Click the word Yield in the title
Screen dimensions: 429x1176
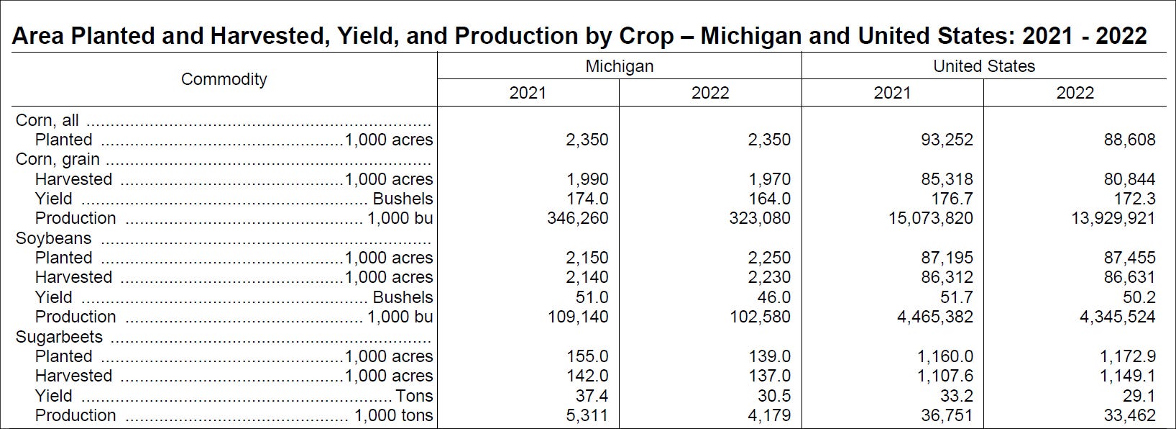(360, 36)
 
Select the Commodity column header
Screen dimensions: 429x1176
(224, 79)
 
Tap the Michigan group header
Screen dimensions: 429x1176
(619, 66)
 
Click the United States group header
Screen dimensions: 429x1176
(983, 66)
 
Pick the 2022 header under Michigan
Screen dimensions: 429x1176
(709, 93)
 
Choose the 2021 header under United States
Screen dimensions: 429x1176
(891, 93)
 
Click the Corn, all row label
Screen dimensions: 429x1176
(47, 120)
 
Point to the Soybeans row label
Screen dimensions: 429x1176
(54, 238)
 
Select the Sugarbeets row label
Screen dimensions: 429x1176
(59, 337)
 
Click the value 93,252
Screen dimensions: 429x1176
(947, 140)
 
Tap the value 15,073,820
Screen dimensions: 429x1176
(930, 218)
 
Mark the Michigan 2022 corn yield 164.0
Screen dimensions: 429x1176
(769, 199)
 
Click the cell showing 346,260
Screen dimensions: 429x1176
(578, 218)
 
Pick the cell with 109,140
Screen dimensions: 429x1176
(578, 317)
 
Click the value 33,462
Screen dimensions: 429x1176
(1129, 415)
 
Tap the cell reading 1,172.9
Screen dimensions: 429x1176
(1127, 356)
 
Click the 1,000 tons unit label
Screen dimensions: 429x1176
(393, 415)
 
